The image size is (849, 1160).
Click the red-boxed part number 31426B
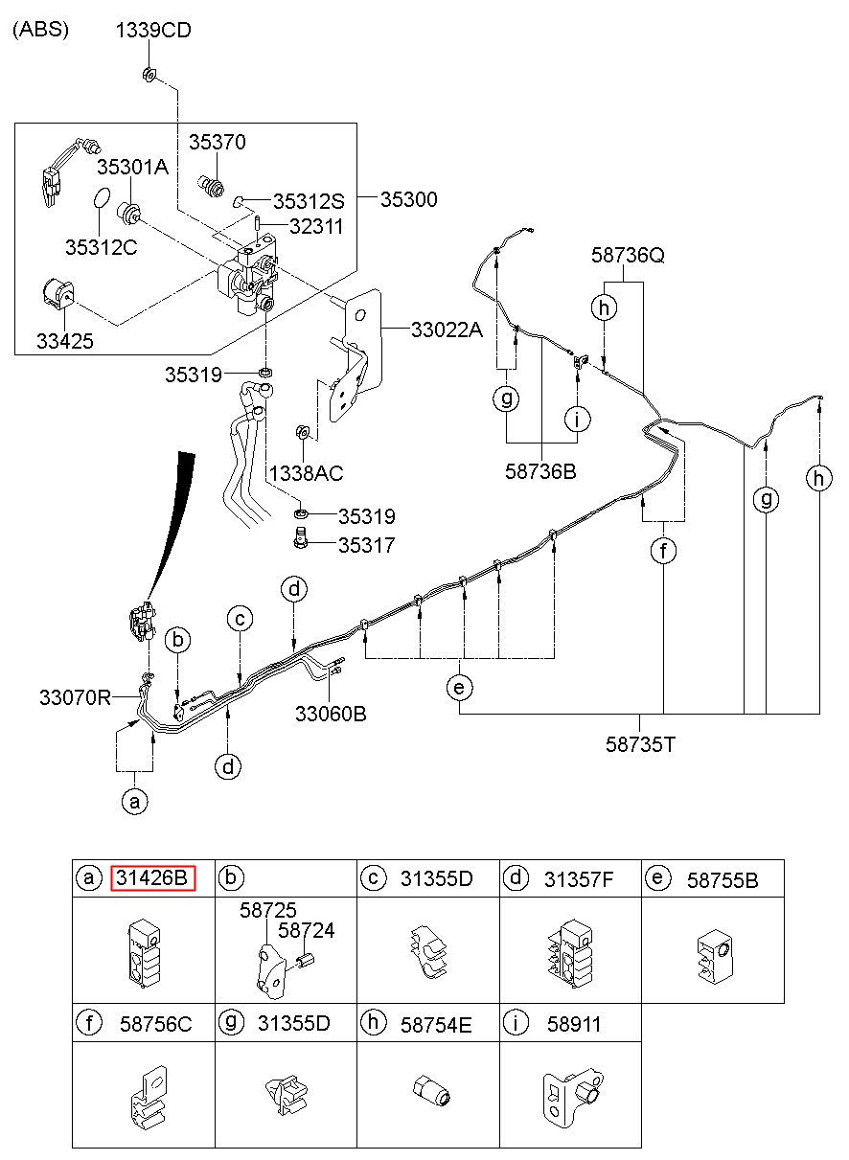tap(152, 877)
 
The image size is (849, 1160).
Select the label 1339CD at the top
tap(153, 31)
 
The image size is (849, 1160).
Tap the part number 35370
tap(217, 142)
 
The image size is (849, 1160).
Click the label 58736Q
tap(628, 256)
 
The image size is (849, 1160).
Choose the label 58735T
tap(642, 743)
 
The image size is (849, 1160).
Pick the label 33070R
tap(76, 697)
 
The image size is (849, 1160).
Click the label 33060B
tap(331, 714)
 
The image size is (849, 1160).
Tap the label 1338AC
tap(306, 473)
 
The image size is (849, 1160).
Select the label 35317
tap(366, 547)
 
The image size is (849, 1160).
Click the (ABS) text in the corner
tap(41, 30)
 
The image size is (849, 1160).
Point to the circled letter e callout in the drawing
tap(460, 687)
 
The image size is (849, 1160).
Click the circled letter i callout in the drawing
tap(577, 419)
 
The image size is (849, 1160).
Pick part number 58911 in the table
tap(574, 1024)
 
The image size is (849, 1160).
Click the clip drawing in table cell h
tap(430, 1090)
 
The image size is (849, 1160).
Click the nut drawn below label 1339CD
tap(148, 74)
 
